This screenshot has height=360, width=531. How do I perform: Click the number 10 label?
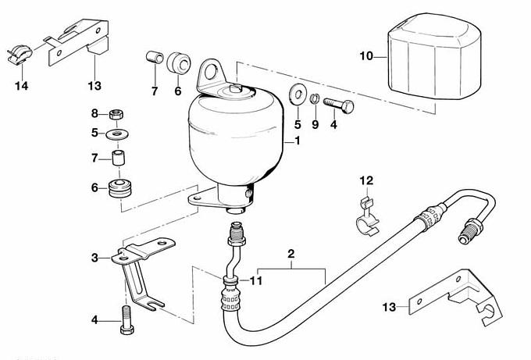(367, 55)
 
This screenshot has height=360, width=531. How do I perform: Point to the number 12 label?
(366, 181)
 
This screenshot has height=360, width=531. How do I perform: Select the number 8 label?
(94, 113)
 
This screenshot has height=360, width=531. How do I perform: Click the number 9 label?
(315, 123)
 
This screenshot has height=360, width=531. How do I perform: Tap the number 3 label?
(94, 257)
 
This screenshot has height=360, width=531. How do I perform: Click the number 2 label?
(290, 255)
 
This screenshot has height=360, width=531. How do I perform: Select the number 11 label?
(257, 279)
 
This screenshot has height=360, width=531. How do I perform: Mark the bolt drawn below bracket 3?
(126, 320)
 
